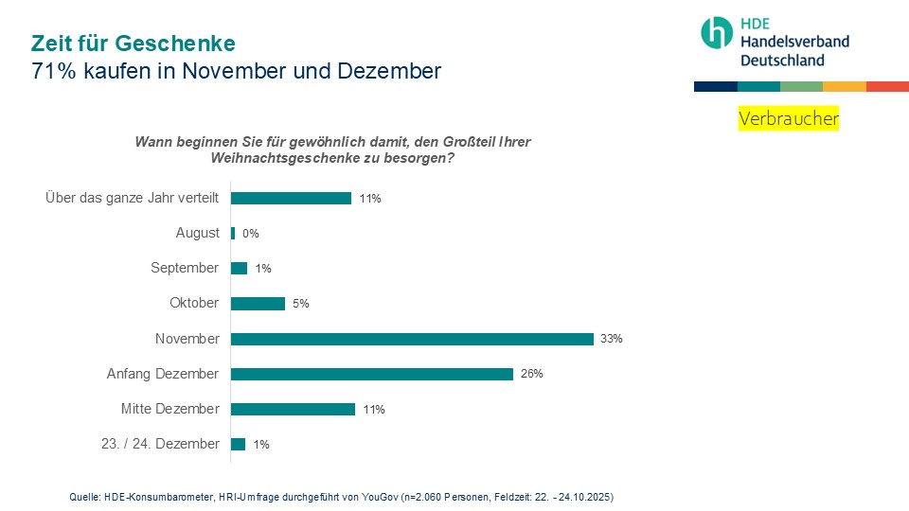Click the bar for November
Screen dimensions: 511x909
click(412, 339)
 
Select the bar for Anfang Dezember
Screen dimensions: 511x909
click(372, 374)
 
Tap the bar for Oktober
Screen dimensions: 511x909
click(258, 304)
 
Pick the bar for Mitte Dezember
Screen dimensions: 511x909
click(293, 409)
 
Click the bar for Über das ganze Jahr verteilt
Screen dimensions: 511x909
click(292, 198)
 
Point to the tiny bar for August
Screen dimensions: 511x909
click(233, 233)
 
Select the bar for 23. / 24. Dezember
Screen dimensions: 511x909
click(239, 444)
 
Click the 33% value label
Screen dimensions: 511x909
click(611, 339)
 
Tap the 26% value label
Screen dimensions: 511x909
click(531, 374)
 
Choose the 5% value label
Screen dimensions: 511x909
click(301, 304)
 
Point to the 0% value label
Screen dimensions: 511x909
click(251, 234)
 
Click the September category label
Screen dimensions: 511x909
click(185, 268)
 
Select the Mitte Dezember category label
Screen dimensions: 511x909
click(169, 409)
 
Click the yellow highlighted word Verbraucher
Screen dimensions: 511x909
click(788, 119)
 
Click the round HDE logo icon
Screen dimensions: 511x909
click(717, 32)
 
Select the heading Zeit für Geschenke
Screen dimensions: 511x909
click(133, 44)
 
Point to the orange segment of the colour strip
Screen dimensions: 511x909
click(844, 86)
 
